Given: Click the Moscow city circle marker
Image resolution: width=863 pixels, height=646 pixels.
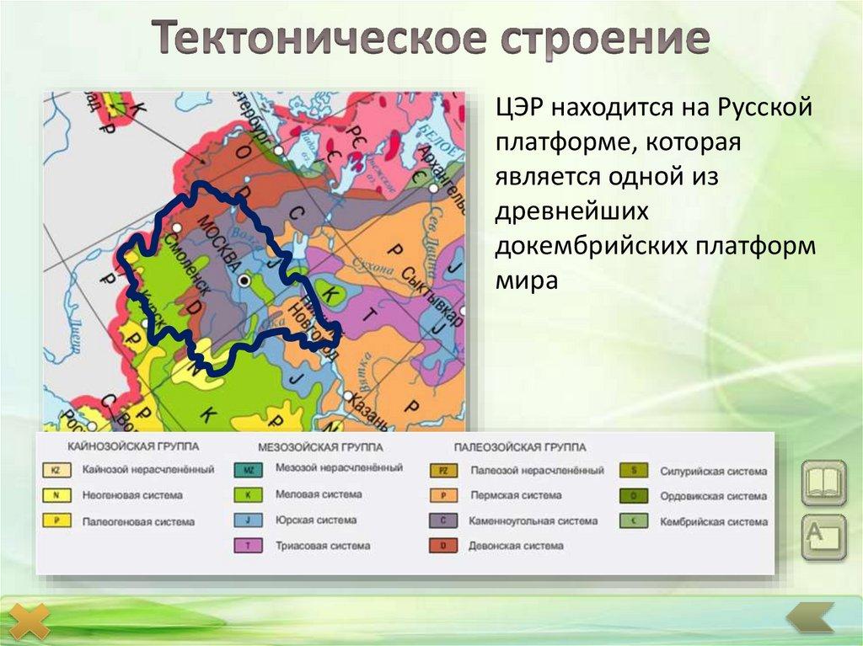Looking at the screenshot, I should (244, 280).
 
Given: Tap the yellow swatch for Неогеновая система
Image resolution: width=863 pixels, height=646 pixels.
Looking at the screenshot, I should (55, 495).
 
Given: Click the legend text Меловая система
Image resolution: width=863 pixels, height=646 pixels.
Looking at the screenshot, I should (318, 494).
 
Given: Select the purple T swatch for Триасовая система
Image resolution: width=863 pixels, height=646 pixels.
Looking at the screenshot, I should (248, 546).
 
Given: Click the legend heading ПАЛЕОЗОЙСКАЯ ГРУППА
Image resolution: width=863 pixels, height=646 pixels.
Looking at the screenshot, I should (519, 446).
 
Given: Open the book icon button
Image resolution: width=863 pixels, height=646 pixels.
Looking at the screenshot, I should (823, 482).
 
